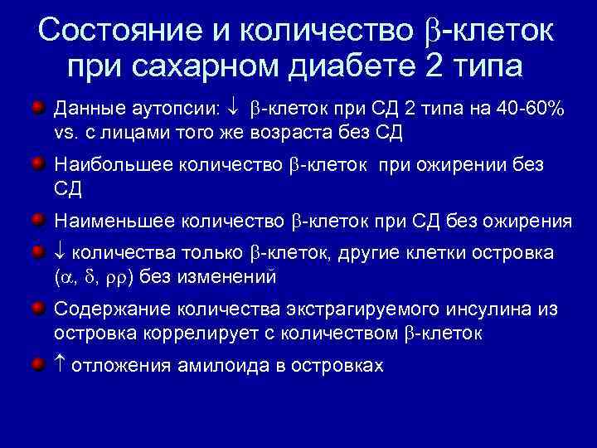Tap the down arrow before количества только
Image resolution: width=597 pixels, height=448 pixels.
coord(60,252)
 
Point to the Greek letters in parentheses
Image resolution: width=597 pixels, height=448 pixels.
coord(99,277)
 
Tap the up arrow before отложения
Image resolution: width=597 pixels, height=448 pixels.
coord(60,364)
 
